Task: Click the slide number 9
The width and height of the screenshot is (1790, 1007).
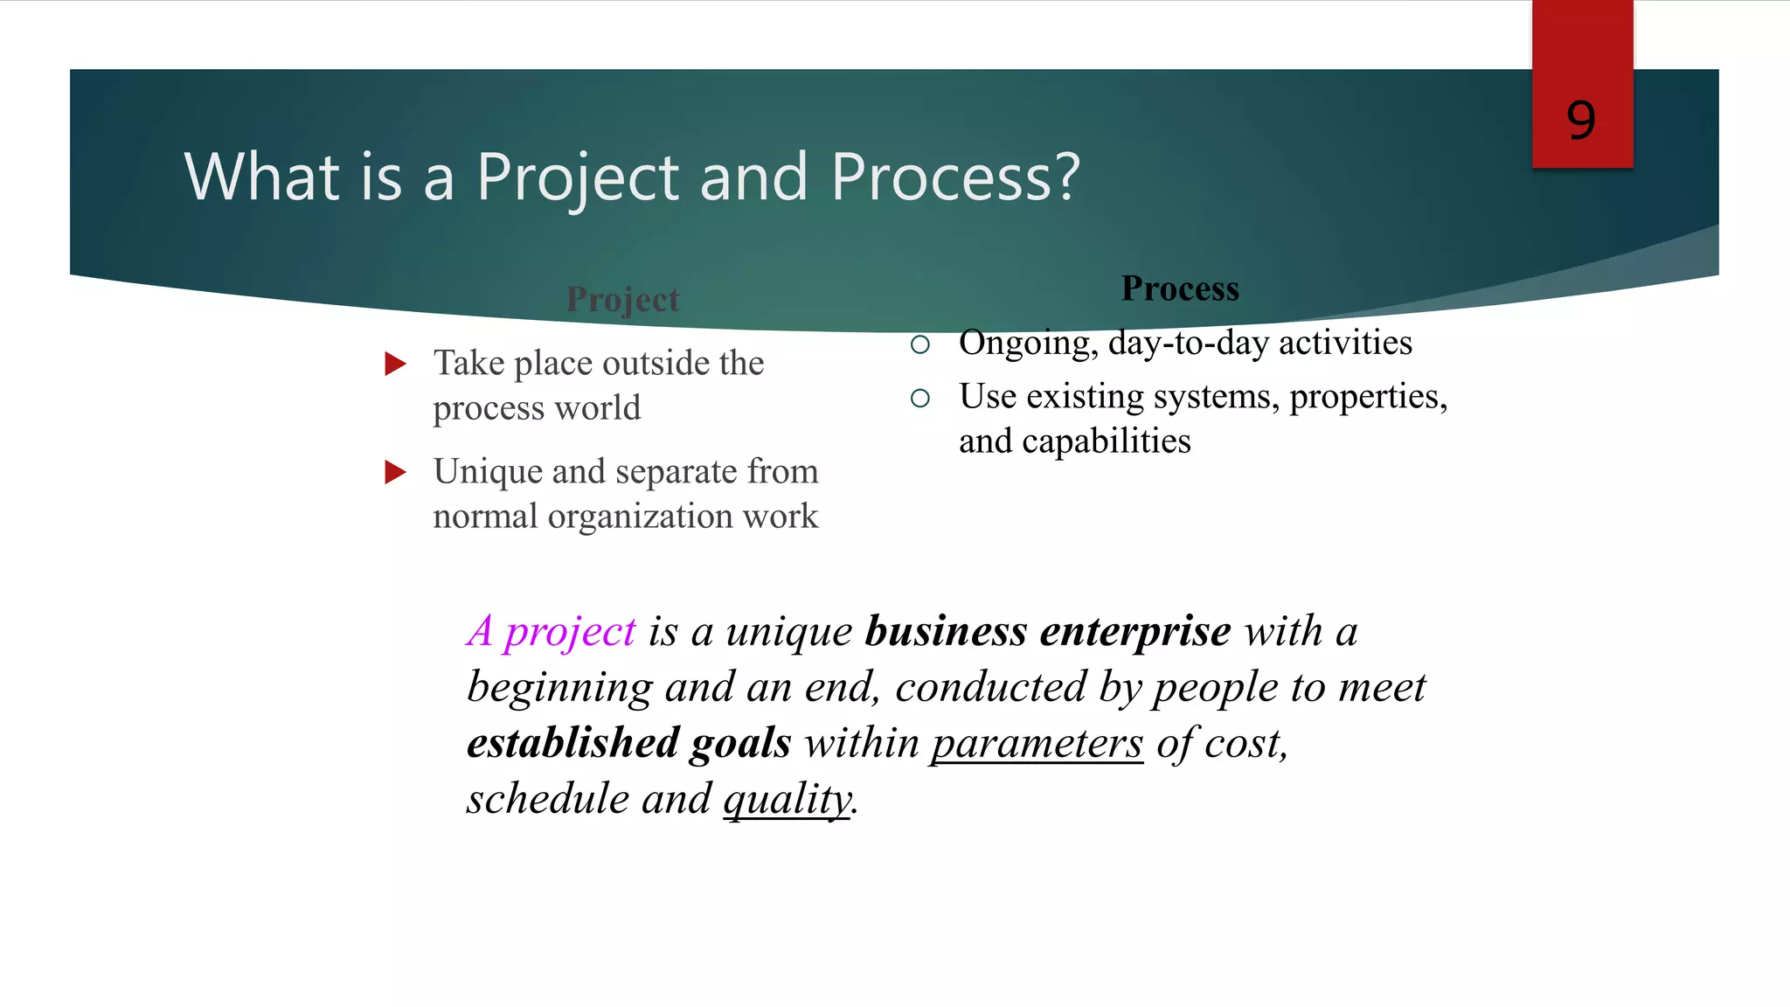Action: click(x=1580, y=121)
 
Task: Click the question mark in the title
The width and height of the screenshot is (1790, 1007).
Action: click(x=1067, y=177)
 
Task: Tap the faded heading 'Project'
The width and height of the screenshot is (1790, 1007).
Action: click(x=622, y=300)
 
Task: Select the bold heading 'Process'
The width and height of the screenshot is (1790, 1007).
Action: click(x=1180, y=289)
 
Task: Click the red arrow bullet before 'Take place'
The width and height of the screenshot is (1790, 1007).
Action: click(x=396, y=364)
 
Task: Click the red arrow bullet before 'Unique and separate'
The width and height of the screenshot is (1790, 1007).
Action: click(x=396, y=472)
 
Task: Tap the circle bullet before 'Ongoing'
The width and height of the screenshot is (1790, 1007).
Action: click(x=919, y=344)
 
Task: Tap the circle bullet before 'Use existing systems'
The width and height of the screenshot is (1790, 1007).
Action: click(x=919, y=399)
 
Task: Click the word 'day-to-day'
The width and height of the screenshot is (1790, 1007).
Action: click(x=1189, y=343)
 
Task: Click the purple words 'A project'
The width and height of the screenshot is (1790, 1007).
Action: click(x=552, y=631)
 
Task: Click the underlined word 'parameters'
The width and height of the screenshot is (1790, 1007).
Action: click(x=1037, y=744)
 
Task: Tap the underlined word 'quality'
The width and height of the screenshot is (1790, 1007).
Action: click(x=787, y=800)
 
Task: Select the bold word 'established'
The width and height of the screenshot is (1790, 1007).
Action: click(x=572, y=743)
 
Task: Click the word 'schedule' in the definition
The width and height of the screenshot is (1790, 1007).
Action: click(x=547, y=799)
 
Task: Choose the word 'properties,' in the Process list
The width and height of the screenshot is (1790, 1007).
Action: click(x=1368, y=398)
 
